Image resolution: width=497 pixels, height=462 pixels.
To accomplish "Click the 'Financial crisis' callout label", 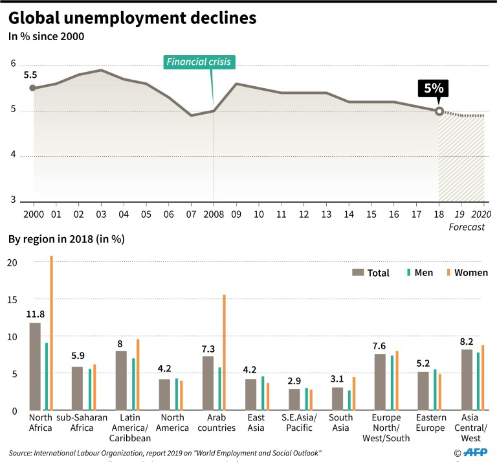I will click(x=199, y=62).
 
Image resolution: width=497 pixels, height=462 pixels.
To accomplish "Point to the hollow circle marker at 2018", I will click(x=439, y=111).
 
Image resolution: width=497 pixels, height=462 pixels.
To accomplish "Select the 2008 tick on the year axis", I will click(x=214, y=214).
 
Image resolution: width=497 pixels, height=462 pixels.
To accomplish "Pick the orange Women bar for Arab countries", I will click(x=225, y=352).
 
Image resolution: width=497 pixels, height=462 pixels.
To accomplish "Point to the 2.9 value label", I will click(x=294, y=380).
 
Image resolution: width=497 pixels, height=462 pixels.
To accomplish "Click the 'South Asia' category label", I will click(x=340, y=422).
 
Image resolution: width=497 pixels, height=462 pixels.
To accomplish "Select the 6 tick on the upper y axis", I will click(x=13, y=64).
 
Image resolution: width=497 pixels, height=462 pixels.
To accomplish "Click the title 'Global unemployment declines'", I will click(x=132, y=18).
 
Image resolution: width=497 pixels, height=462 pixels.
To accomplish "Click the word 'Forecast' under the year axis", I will click(x=467, y=227).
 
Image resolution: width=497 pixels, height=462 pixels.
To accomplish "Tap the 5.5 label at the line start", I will click(x=30, y=75).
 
